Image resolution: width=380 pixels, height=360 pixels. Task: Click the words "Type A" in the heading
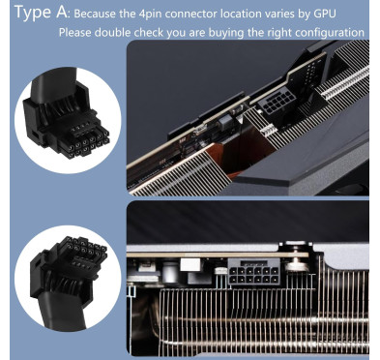pyautogui.click(x=41, y=12)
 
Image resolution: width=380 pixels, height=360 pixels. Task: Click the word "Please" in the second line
pyautogui.click(x=75, y=33)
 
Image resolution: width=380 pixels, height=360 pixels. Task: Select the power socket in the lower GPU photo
pyautogui.click(x=253, y=272)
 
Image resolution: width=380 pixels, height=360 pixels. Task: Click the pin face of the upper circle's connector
pyautogui.click(x=84, y=140)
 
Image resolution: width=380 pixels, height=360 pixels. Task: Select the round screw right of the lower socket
pyautogui.click(x=295, y=264)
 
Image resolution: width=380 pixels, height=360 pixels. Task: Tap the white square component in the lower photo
pyautogui.click(x=190, y=264)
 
